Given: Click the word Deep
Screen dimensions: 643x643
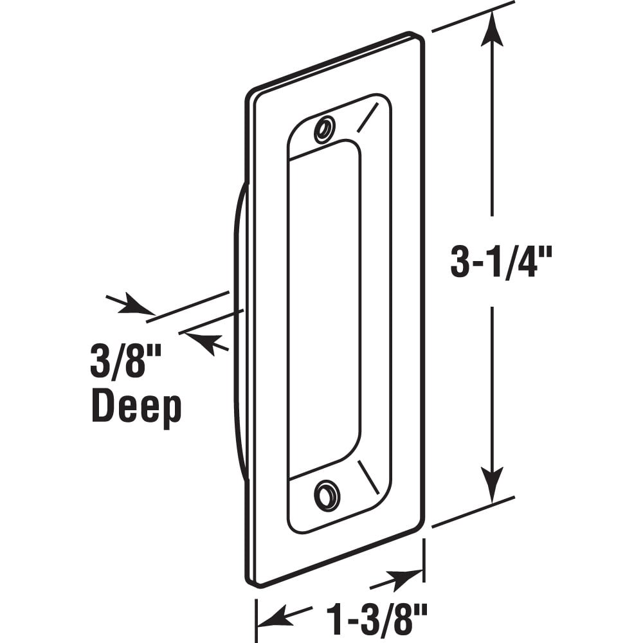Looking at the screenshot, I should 136,408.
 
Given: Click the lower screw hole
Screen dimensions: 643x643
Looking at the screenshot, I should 327,495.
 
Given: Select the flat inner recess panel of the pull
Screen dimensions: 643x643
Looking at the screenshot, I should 323,309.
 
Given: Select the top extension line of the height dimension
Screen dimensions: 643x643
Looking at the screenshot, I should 473,17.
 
